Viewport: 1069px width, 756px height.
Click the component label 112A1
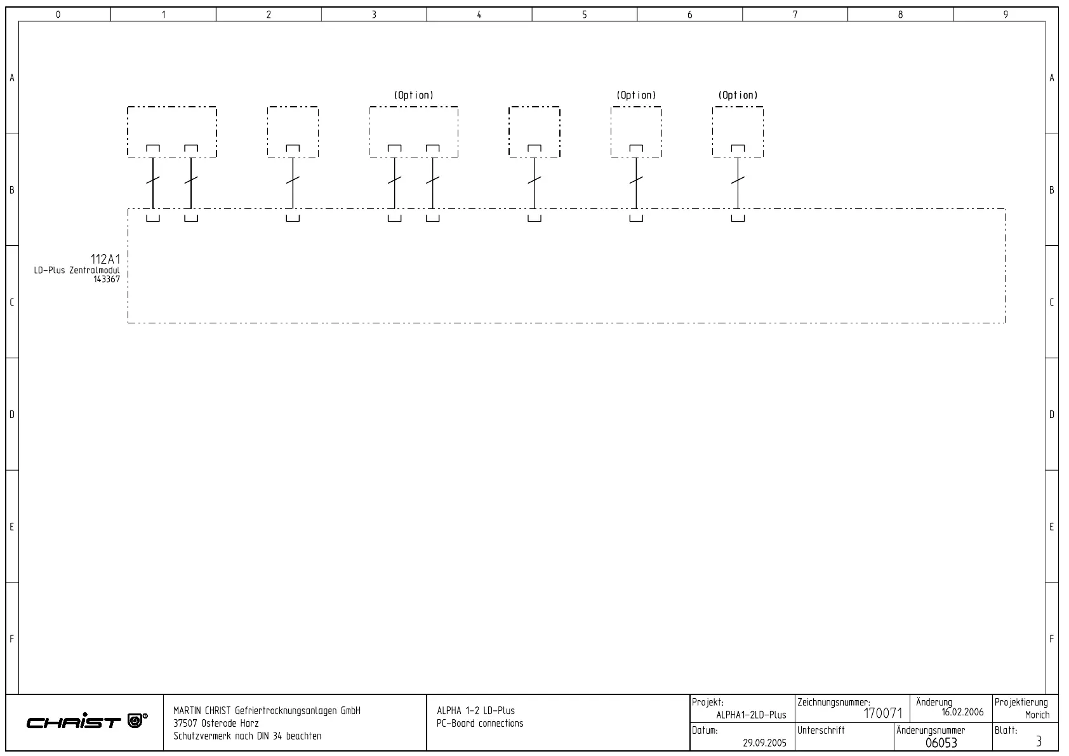tap(105, 259)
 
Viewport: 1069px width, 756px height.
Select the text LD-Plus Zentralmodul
tap(77, 271)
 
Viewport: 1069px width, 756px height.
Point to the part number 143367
tap(106, 279)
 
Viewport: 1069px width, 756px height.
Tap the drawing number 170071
tap(882, 714)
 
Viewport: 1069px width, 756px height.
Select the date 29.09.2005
tap(764, 742)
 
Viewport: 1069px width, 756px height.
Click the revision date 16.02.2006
tap(962, 712)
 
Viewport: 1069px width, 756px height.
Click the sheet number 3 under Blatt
tap(1039, 741)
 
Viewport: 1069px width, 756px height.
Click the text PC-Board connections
tap(480, 724)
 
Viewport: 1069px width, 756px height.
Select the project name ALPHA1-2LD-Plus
tap(751, 715)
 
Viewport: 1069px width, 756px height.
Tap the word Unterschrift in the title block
tap(821, 731)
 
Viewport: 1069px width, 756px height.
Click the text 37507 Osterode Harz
tap(216, 724)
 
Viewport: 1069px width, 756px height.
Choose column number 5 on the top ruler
tap(584, 15)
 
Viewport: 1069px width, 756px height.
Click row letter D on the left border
tap(11, 415)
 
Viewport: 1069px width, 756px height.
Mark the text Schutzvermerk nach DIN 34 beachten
tap(247, 736)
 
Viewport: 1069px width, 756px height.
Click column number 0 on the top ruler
tap(58, 15)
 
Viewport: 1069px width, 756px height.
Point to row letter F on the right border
tap(1052, 639)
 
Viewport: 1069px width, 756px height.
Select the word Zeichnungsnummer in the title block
tap(832, 703)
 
